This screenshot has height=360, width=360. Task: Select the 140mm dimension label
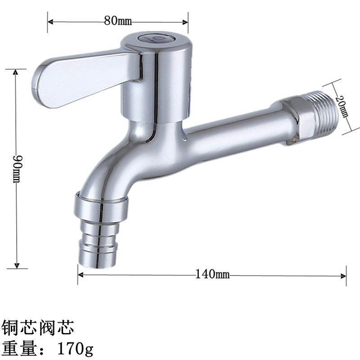pos(212,274)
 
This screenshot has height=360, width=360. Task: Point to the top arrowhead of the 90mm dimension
pos(16,72)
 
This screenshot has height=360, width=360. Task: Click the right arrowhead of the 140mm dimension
pos(344,274)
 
